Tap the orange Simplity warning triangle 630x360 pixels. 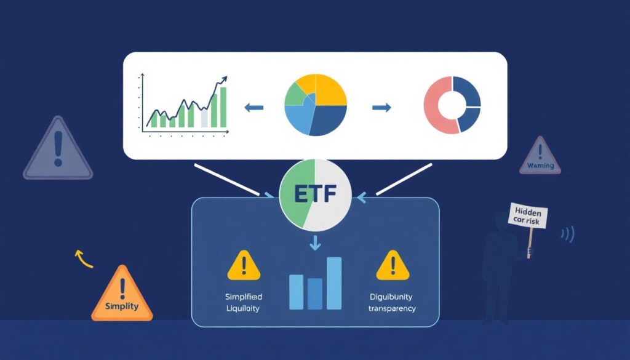122,298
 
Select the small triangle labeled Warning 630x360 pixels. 540,158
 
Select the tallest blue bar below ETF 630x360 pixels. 334,283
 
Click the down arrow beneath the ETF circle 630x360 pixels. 315,242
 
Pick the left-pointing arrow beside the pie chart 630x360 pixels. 253,108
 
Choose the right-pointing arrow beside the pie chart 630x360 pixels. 381,108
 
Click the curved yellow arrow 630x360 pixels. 82,258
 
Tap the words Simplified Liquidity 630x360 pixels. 244,302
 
